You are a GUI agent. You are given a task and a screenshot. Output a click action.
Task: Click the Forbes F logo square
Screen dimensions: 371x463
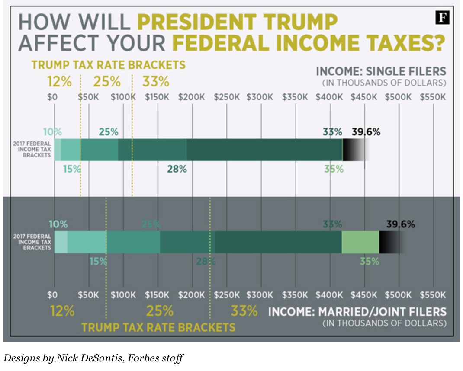click(x=442, y=18)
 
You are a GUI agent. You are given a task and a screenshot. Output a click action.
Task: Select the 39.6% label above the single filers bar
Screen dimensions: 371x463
click(x=366, y=132)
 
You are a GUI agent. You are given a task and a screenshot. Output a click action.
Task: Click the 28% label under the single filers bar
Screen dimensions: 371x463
click(x=177, y=169)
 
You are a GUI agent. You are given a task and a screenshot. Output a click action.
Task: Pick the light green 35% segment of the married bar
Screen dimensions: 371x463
click(x=360, y=242)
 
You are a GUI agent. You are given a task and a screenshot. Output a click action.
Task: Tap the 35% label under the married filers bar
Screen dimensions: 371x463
click(x=370, y=261)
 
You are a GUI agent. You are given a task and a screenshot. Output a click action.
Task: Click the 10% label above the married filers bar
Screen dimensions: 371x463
click(x=58, y=224)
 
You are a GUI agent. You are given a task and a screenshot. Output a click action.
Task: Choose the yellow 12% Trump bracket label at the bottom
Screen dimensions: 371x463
click(x=62, y=311)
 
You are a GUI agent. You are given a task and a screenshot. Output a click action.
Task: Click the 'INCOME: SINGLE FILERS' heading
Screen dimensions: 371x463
click(x=381, y=71)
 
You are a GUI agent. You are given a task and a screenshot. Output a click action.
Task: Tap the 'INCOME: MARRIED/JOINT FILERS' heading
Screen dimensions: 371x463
click(x=357, y=312)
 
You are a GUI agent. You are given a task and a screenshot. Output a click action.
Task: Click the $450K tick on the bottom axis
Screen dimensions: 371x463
click(x=363, y=295)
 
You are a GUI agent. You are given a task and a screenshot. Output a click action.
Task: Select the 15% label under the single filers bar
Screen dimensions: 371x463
click(x=72, y=169)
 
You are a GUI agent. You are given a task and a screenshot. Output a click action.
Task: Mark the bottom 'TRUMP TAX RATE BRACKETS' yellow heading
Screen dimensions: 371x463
click(x=158, y=327)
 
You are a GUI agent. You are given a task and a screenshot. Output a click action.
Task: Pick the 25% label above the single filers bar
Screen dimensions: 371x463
click(x=108, y=132)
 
